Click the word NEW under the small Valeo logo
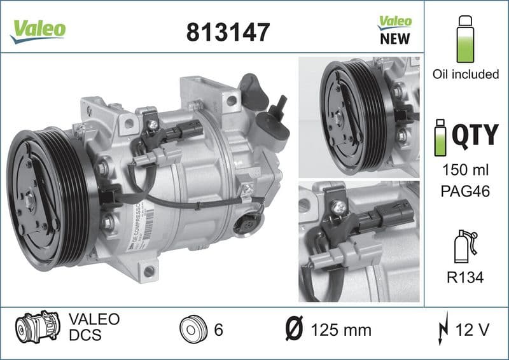(394, 39)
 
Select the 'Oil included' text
(466, 74)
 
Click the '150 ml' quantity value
(466, 171)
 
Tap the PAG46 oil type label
(466, 191)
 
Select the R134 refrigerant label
(466, 277)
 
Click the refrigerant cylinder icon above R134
(464, 245)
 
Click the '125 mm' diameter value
(341, 330)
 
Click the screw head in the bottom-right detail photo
(338, 206)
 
